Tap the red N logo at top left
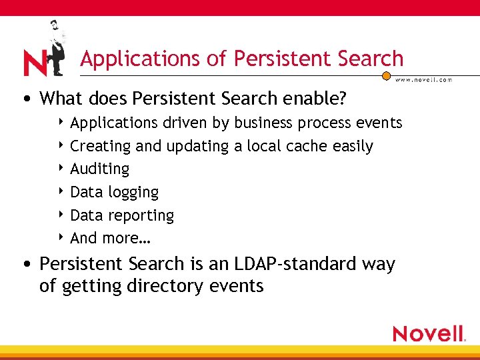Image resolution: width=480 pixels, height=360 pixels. [x=34, y=63]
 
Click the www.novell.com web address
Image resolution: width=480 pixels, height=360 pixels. [x=424, y=79]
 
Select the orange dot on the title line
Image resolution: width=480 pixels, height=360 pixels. [x=386, y=75]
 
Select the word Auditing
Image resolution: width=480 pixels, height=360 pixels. [x=100, y=169]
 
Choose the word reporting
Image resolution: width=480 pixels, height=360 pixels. [x=141, y=215]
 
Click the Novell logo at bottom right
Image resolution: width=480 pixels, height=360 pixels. [x=428, y=333]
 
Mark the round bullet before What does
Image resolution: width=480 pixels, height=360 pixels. [x=25, y=99]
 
